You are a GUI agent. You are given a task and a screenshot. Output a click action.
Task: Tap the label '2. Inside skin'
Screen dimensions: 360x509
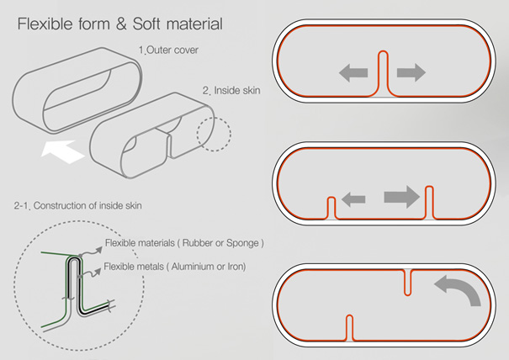point(231,90)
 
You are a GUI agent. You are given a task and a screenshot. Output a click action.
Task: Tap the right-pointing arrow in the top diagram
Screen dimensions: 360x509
point(410,74)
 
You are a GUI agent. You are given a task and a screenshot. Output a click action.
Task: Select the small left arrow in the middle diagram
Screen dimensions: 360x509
point(353,199)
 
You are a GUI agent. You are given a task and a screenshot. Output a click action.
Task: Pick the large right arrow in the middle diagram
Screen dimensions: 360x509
point(400,199)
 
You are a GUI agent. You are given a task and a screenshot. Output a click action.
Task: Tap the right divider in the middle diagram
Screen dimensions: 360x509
point(430,201)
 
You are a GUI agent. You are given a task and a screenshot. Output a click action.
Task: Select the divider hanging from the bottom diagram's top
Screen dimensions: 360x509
point(407,281)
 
